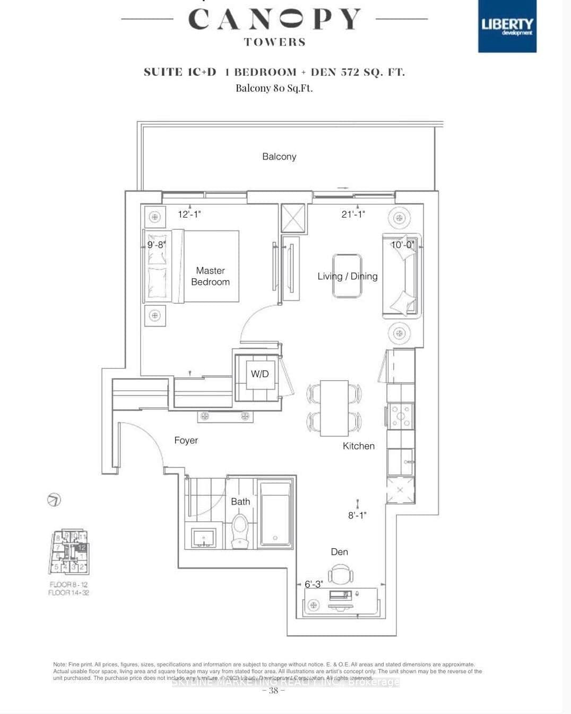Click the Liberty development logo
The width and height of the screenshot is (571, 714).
(x=507, y=26)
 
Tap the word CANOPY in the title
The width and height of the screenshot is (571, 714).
(x=274, y=20)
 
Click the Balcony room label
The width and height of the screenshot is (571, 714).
(x=279, y=157)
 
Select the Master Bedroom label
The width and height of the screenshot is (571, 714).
(x=210, y=276)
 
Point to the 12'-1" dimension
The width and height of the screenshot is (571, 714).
(x=189, y=214)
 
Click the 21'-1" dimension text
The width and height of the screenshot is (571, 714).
(x=353, y=214)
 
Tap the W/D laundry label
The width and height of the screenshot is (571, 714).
(x=259, y=374)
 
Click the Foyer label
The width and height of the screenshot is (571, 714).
(x=186, y=440)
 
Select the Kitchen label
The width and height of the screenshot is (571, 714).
(x=358, y=446)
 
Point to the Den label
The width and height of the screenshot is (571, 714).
(x=339, y=552)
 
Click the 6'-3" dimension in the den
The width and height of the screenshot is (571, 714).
(x=313, y=584)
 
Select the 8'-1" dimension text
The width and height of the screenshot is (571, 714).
(x=357, y=515)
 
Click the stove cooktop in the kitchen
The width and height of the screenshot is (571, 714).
(x=400, y=416)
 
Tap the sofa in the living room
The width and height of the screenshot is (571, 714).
(x=403, y=276)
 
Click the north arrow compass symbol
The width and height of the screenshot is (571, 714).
(x=54, y=500)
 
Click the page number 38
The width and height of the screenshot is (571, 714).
(x=273, y=691)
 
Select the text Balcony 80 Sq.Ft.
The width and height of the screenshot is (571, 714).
(x=274, y=88)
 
